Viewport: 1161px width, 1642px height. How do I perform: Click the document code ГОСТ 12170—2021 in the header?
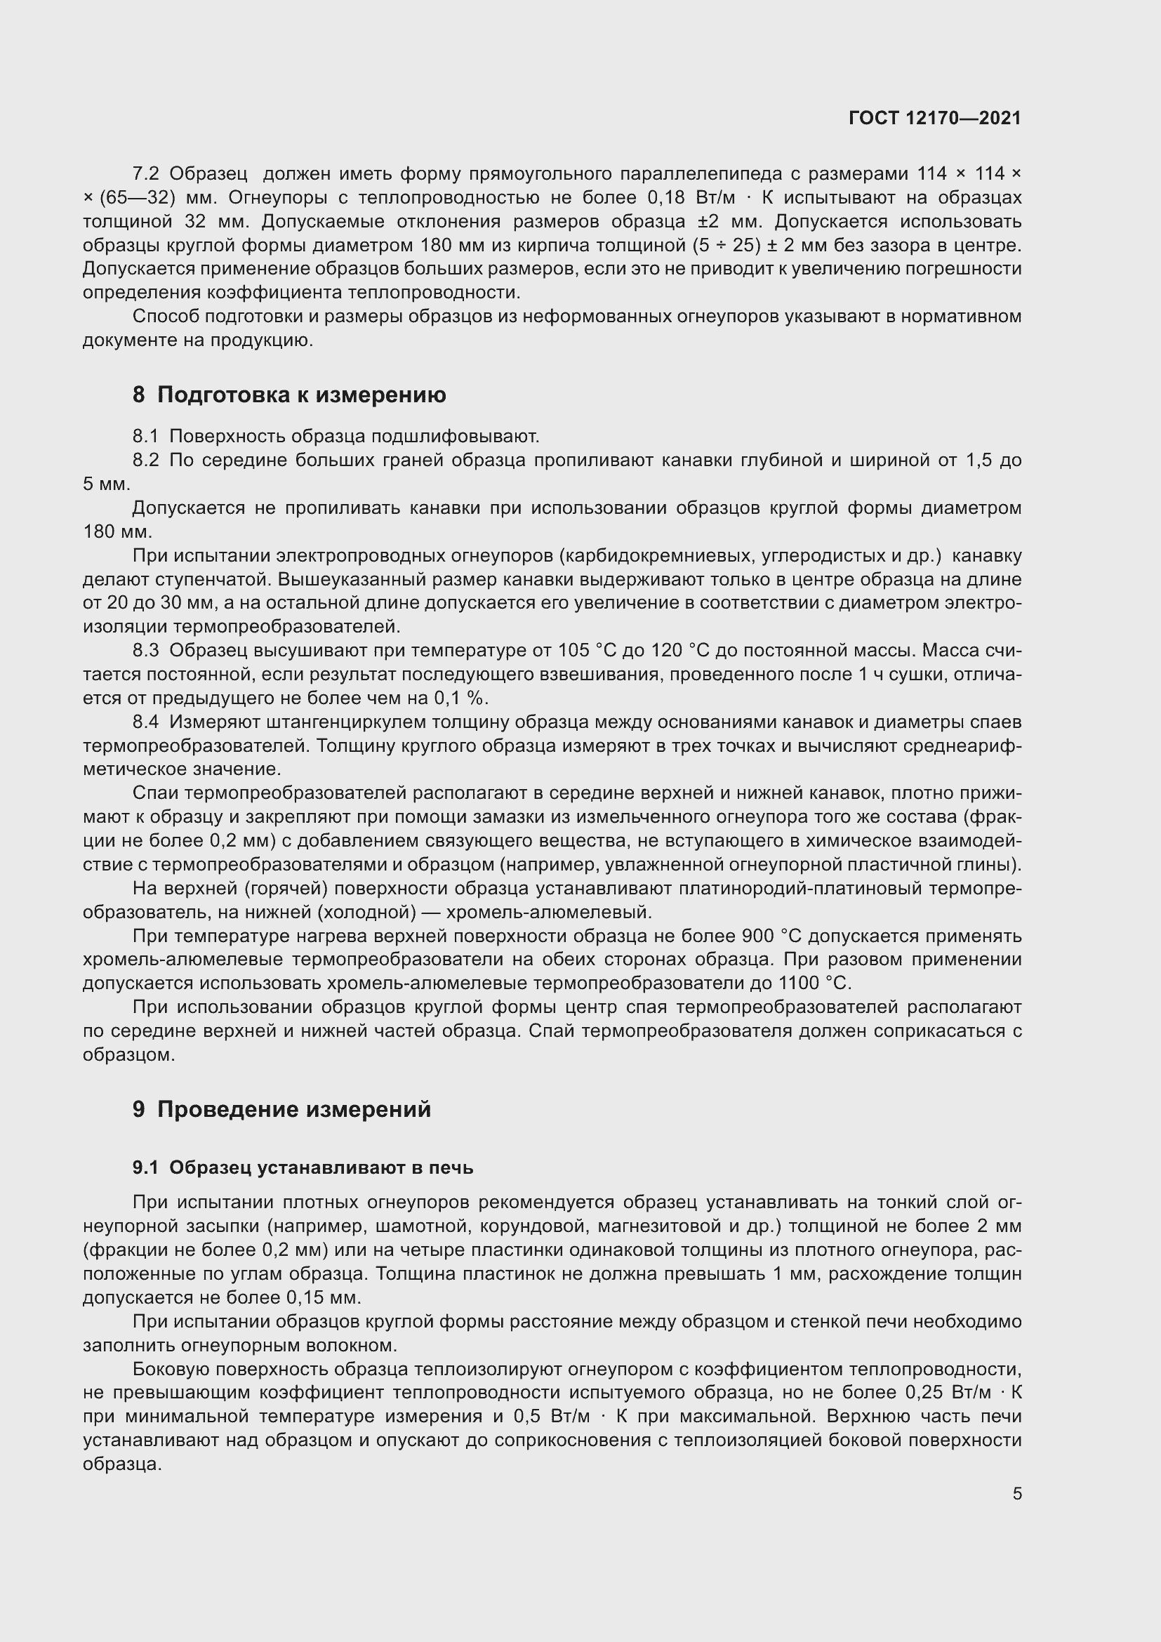point(934,118)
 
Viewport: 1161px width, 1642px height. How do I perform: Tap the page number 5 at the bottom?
point(1016,1494)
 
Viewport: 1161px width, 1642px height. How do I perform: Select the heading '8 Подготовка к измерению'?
point(288,395)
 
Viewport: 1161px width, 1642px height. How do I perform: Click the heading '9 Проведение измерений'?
point(281,1109)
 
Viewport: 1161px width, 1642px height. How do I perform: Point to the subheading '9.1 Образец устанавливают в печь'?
point(303,1168)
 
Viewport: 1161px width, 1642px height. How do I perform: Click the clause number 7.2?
point(146,174)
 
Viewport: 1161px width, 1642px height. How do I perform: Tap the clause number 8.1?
point(145,436)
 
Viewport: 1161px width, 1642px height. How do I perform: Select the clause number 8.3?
point(145,651)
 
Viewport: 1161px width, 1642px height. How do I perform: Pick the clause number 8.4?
point(145,722)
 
